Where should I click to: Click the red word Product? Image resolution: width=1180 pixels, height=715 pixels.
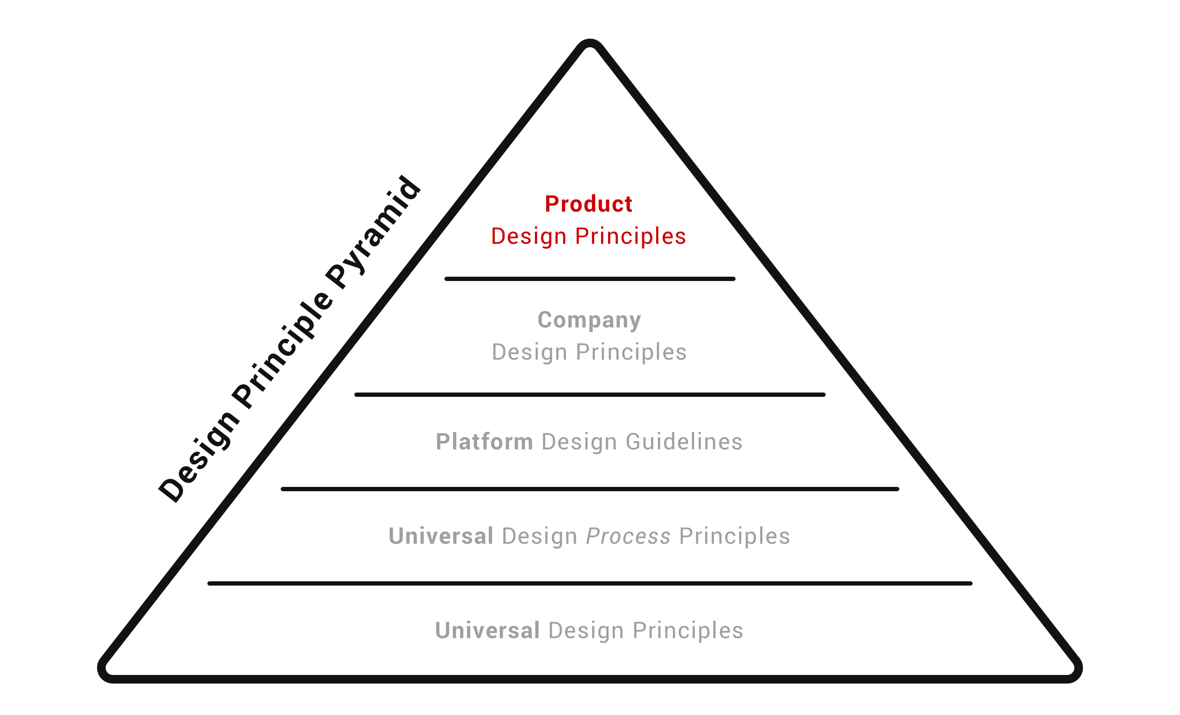pos(588,204)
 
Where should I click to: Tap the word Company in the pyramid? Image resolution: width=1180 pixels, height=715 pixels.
pos(589,320)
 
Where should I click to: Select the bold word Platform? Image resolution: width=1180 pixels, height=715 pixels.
pos(484,442)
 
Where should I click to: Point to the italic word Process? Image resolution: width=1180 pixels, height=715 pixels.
pos(628,536)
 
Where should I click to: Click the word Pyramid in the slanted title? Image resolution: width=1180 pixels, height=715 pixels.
pos(374,232)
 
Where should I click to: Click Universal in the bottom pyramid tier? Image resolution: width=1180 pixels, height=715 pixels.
pos(487,631)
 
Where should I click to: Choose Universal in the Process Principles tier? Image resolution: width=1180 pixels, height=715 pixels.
pos(441,536)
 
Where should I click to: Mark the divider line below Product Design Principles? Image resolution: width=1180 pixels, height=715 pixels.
pos(590,279)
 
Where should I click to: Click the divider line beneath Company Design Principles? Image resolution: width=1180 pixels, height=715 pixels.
pos(590,395)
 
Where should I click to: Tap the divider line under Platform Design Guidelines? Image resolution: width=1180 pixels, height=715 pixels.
pos(590,489)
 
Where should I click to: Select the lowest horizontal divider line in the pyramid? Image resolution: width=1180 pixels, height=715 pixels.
pos(590,583)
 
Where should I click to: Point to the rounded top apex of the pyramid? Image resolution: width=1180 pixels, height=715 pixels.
pos(590,43)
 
